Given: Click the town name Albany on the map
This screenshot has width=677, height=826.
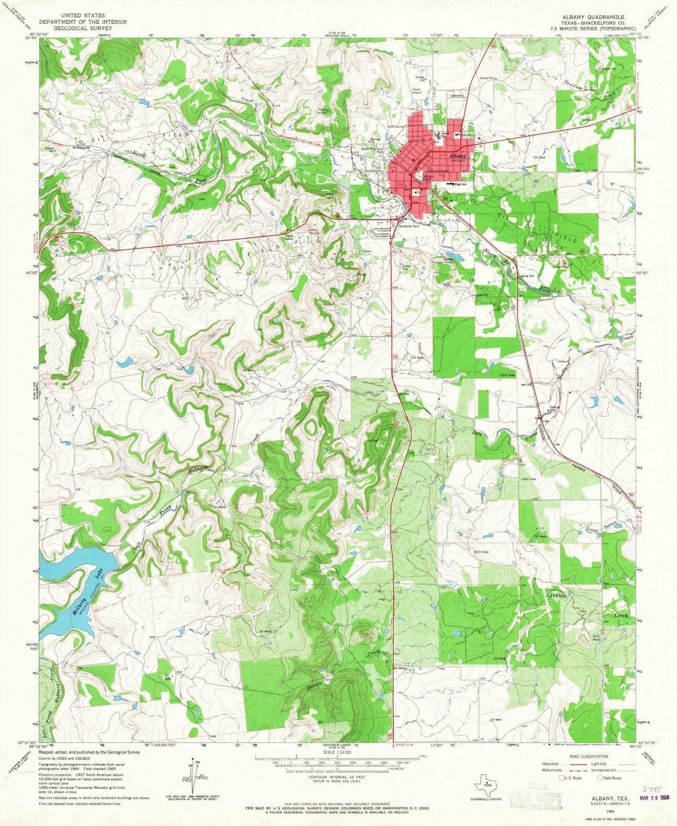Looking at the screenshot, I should point(458,155).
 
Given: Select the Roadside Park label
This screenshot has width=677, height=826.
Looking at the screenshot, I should point(409,226).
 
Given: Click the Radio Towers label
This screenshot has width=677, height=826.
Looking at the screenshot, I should point(289,238).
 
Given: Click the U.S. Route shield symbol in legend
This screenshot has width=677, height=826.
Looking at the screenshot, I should point(561,778).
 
